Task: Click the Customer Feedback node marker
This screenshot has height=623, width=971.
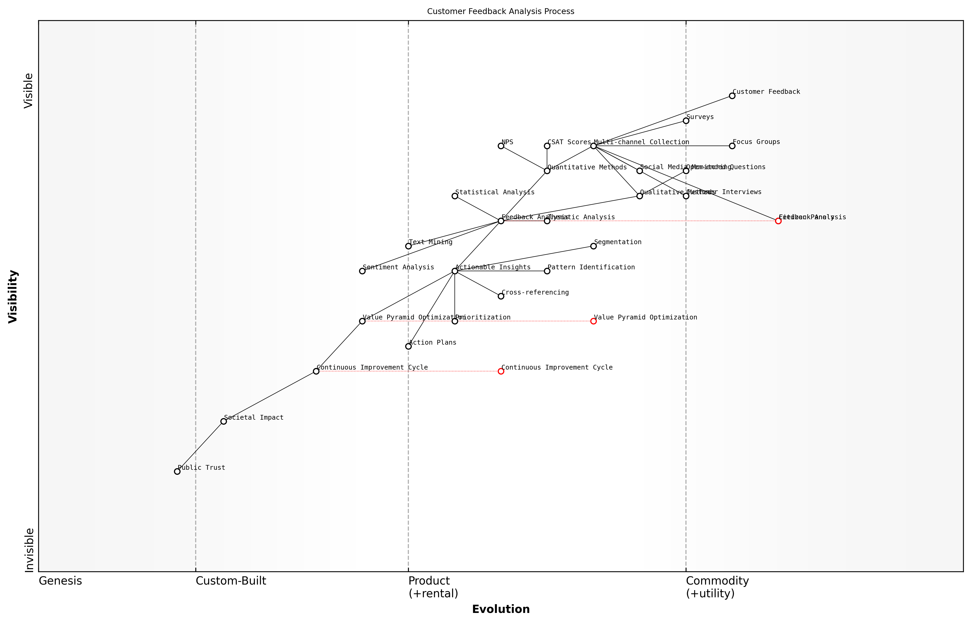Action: coord(732,96)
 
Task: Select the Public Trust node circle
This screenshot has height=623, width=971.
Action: coord(177,471)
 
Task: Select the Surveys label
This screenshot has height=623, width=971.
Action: coord(700,117)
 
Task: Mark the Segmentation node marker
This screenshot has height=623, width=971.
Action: coord(593,246)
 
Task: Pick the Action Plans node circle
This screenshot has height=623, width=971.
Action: coord(408,346)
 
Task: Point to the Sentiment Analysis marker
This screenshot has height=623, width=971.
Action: coord(362,271)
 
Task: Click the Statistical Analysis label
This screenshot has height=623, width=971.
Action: coord(495,192)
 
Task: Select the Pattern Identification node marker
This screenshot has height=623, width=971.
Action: coord(547,271)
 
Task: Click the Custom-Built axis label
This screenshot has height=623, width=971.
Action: coord(231,581)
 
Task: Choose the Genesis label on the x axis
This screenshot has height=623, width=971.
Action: coord(60,581)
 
